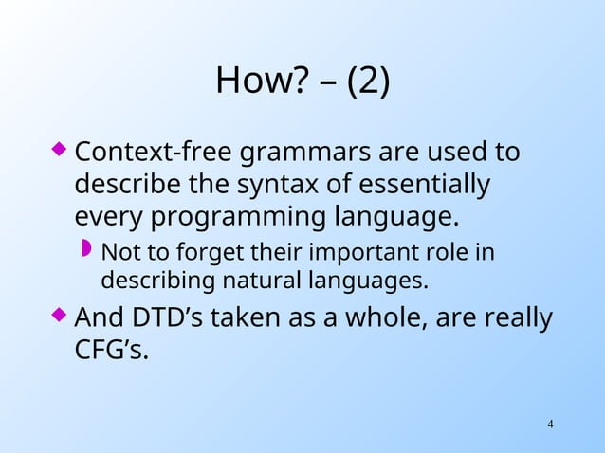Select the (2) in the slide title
click(x=368, y=82)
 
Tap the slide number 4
click(x=550, y=422)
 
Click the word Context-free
click(x=153, y=152)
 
